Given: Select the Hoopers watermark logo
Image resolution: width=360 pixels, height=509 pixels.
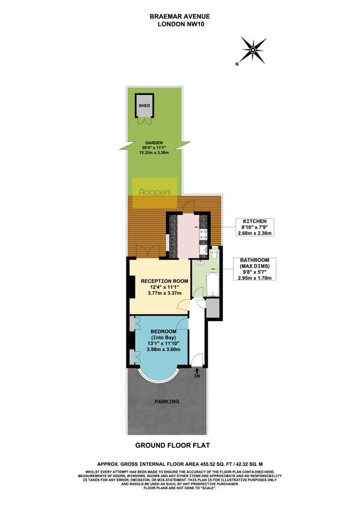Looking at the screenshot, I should coord(155,192).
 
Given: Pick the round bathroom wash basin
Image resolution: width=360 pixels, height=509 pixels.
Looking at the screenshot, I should coord(200,262).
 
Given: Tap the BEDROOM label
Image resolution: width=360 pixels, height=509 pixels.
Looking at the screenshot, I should coord(162,331).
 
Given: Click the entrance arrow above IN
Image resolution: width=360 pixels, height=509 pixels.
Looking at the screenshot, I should coord(197,370).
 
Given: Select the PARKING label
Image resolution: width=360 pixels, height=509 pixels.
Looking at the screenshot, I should coord(167,402).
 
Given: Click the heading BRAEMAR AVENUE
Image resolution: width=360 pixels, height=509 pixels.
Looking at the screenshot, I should coord(179,16).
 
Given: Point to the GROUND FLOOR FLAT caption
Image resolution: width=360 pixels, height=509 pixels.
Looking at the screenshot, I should coord(179,446).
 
